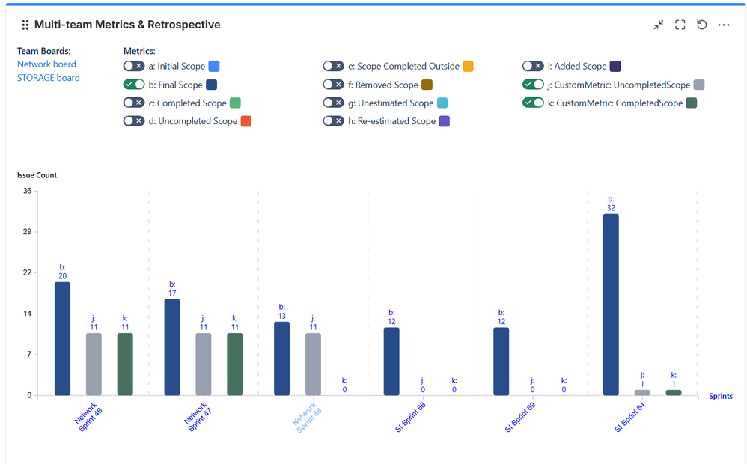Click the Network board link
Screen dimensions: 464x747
click(x=46, y=64)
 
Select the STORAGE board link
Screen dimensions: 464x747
click(x=49, y=78)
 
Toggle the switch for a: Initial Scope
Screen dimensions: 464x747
click(x=134, y=67)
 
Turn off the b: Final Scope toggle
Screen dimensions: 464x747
click(x=134, y=85)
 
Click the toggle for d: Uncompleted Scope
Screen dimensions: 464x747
click(x=134, y=120)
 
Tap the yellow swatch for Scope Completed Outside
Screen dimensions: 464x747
click(x=468, y=67)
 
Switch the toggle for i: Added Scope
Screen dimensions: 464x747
click(x=533, y=67)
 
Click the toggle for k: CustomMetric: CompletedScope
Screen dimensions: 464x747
click(x=533, y=103)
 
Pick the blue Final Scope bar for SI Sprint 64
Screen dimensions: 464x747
click(x=611, y=305)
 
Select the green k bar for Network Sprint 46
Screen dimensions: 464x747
click(x=125, y=364)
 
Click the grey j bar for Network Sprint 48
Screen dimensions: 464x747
click(x=313, y=364)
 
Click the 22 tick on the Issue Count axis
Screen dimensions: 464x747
click(x=27, y=272)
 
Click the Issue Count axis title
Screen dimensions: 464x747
click(x=37, y=175)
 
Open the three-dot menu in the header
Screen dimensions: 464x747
click(x=724, y=25)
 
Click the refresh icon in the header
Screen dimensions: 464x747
click(x=702, y=25)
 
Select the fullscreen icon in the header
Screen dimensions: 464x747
click(x=680, y=25)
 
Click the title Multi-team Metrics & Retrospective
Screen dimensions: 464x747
click(x=127, y=25)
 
